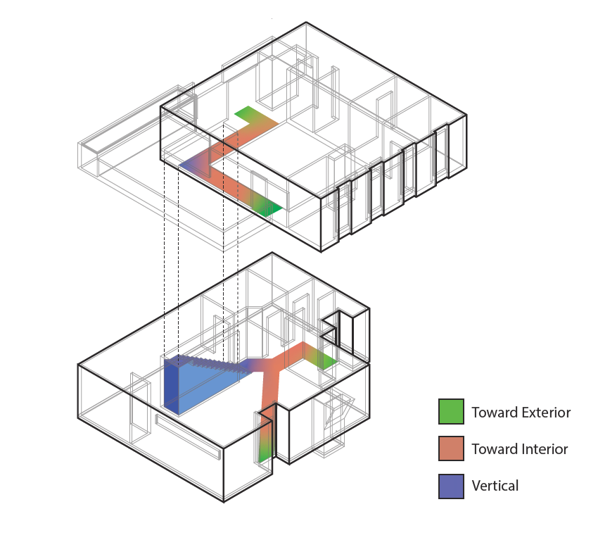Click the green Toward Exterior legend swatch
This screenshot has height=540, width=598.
[x=450, y=411]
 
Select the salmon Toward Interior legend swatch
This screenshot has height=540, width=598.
[x=450, y=448]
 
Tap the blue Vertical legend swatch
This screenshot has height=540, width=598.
[x=450, y=485]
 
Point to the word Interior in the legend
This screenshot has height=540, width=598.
[x=539, y=448]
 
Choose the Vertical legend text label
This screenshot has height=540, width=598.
[x=495, y=485]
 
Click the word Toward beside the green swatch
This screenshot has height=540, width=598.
[x=491, y=412]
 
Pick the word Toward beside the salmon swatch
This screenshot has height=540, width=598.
[x=491, y=448]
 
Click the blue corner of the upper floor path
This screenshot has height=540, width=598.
[x=186, y=166]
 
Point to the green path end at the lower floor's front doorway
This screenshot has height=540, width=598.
[x=264, y=451]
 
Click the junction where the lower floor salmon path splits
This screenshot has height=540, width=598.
[x=271, y=365]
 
